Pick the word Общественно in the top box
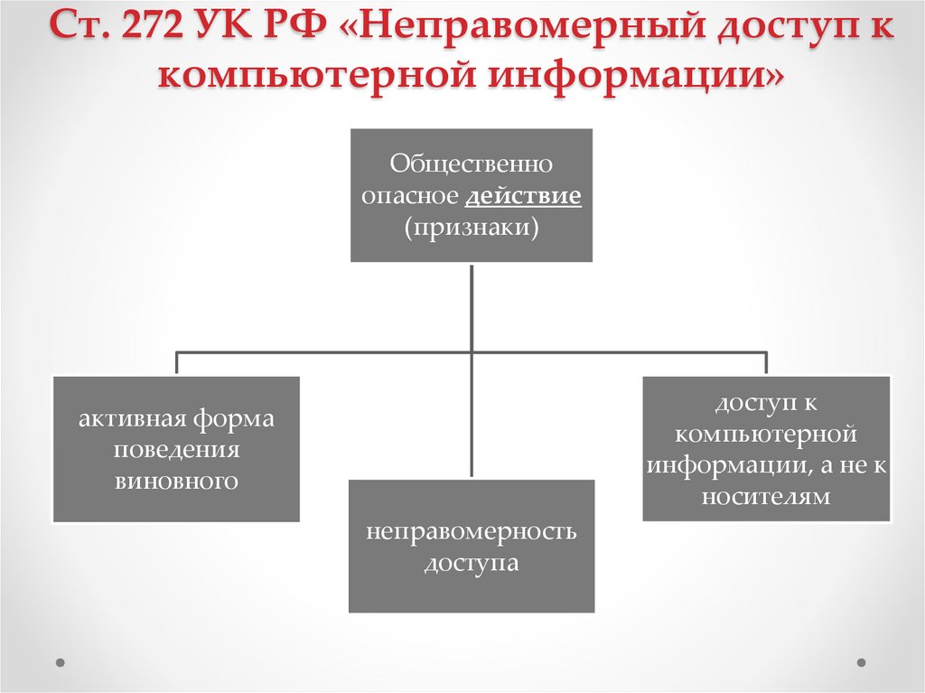(x=472, y=165)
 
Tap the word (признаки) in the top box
(x=472, y=227)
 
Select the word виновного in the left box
(x=176, y=481)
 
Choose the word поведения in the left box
(x=176, y=450)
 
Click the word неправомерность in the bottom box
(x=472, y=530)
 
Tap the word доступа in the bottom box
(x=472, y=562)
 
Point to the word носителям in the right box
(x=766, y=496)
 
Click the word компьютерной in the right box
(x=766, y=434)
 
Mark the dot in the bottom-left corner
(x=61, y=661)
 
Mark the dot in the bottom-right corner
(x=862, y=661)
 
